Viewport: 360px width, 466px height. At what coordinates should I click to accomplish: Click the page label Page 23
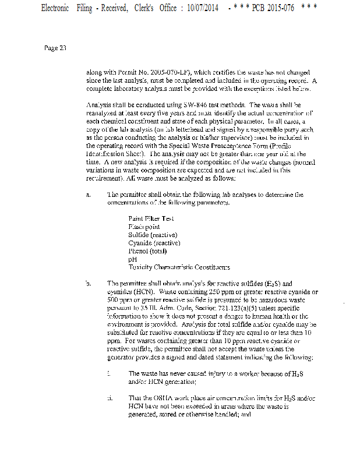click(55, 48)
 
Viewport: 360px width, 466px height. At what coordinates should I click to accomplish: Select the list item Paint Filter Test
click(151, 218)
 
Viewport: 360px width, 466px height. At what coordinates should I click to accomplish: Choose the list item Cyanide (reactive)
click(154, 243)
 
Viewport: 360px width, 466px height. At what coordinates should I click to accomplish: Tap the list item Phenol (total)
click(147, 251)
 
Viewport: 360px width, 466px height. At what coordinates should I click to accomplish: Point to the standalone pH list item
click(132, 259)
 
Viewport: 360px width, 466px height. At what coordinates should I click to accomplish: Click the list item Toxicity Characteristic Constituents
click(179, 267)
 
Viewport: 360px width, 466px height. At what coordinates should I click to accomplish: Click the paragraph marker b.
click(88, 283)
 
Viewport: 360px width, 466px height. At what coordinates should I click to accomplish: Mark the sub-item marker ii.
click(110, 397)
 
